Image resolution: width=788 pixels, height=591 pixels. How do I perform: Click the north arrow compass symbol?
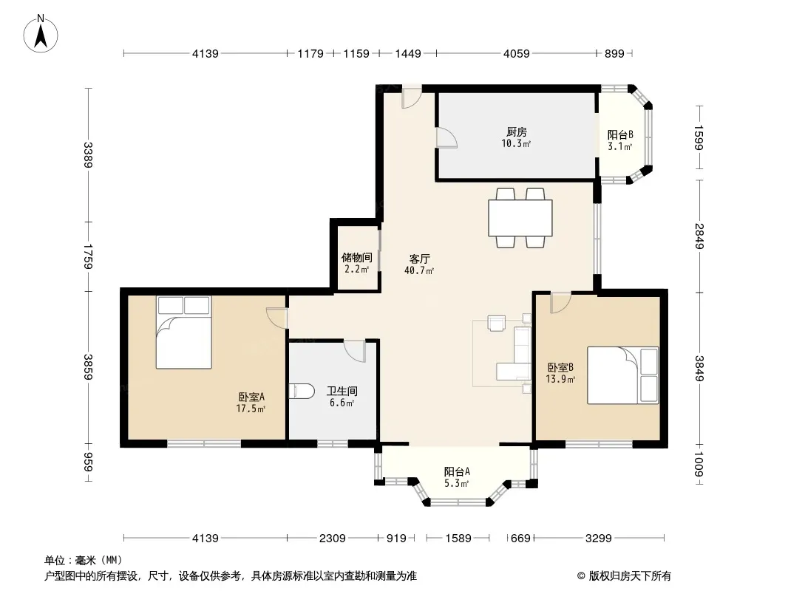pos(41,34)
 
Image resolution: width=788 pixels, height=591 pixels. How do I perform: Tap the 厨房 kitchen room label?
pos(516,132)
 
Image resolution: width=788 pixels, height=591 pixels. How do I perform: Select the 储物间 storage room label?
pos(357,258)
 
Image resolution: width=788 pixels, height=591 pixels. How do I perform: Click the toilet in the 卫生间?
pos(302,391)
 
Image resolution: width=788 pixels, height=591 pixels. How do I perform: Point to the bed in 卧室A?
pos(183,332)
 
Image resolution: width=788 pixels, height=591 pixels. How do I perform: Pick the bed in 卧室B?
pos(623,375)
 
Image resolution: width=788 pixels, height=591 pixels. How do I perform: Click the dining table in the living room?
pos(520,218)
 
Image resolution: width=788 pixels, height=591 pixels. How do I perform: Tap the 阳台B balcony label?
pos(619,134)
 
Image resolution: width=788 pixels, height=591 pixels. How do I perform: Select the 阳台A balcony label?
pos(457,471)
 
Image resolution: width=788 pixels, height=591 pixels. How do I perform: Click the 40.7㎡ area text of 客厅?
pos(419,270)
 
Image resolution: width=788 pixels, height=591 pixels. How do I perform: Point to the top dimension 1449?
pos(407,53)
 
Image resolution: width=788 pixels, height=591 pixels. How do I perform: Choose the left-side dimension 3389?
pos(88,154)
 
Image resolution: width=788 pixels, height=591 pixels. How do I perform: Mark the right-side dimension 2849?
pos(699,236)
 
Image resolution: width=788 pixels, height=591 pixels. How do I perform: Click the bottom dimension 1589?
pos(458,539)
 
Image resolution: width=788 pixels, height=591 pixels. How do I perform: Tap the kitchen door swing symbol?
pos(446,137)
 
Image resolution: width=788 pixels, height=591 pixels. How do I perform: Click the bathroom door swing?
pos(354,351)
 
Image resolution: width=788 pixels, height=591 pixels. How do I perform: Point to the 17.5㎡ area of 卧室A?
pos(251,409)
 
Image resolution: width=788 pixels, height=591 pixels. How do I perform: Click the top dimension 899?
pos(614,53)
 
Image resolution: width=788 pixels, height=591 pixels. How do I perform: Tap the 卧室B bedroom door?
pos(561,304)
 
